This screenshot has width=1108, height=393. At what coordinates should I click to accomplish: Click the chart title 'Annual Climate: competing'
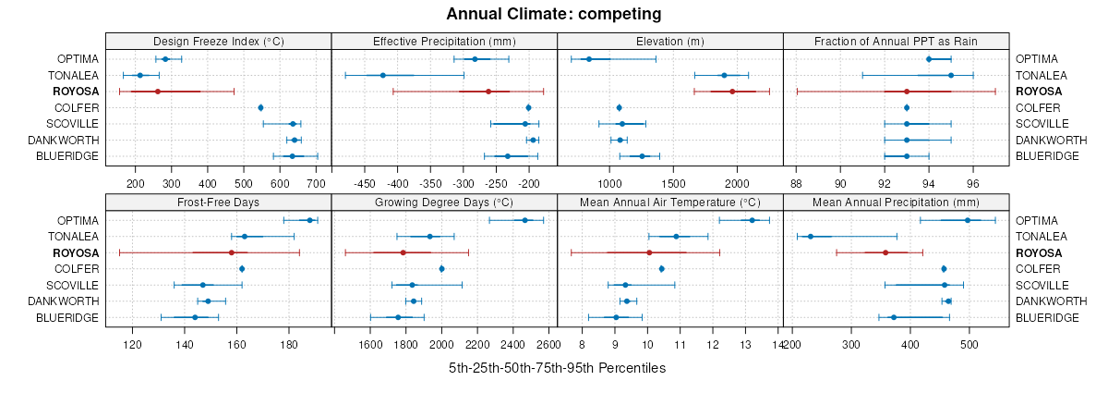(554, 14)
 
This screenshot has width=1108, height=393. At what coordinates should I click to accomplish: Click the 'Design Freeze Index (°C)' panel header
(218, 41)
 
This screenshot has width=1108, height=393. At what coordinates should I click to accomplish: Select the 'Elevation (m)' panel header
(670, 41)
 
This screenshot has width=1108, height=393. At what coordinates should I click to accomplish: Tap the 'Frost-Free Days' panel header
(218, 202)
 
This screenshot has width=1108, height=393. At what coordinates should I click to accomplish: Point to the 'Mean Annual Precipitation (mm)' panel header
(896, 202)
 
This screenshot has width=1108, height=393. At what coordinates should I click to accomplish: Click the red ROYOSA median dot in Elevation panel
(732, 92)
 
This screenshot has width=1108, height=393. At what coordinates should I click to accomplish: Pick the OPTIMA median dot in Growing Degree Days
(525, 220)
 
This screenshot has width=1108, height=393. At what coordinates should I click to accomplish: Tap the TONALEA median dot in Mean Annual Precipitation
(811, 237)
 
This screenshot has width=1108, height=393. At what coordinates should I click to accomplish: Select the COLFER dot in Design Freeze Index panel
(260, 108)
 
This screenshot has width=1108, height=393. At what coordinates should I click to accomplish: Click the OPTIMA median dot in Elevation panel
(589, 59)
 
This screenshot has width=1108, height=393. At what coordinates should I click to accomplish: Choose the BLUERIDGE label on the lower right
(1047, 317)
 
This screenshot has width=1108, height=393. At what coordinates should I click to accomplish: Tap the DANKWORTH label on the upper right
(1049, 140)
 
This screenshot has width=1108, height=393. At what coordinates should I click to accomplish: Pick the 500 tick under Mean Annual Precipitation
(969, 345)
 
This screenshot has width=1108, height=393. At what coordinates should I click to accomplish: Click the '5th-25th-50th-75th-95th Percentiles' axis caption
(557, 368)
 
